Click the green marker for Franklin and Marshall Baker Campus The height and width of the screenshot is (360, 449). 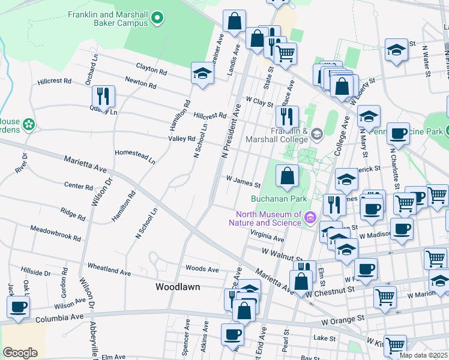pos(158,19)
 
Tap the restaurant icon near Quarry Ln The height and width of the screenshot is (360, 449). pos(103,97)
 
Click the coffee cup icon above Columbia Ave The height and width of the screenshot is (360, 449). pos(19,307)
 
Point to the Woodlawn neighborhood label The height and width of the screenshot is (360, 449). pos(177,287)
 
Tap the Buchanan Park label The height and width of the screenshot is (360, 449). pos(279,199)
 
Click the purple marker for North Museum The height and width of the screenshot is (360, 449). pos(310,217)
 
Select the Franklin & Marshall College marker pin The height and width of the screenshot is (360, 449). pos(319,135)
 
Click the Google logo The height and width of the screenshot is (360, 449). pos(20,352)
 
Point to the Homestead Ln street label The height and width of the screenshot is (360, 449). pos(135,157)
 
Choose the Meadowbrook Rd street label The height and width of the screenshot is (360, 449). pos(55,234)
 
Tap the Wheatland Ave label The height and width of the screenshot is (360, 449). pos(109,268)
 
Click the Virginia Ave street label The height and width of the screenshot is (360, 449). pos(267,235)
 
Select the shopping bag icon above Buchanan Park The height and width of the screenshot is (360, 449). pos(288,176)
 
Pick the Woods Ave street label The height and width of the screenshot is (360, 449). pos(202,269)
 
